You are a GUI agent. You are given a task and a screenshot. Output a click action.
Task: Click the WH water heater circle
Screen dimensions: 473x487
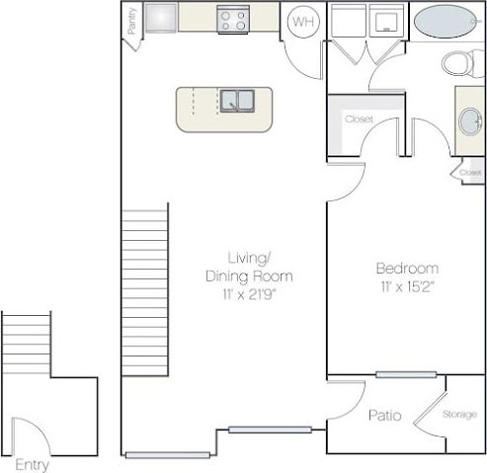point(304,21)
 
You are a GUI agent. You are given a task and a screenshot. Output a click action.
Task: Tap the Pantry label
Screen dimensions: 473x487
point(131,22)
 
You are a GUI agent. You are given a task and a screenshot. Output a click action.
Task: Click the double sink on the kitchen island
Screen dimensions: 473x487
point(237,100)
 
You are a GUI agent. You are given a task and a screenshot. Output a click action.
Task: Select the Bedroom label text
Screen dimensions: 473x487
point(407,268)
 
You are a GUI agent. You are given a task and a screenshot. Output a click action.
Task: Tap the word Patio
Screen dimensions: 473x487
point(385,416)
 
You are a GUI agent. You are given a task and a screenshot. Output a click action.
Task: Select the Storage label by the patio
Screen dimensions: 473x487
point(459,414)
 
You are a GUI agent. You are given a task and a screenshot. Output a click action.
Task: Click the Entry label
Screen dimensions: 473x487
point(33,465)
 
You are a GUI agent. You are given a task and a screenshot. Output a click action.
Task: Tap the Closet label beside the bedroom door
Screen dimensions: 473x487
point(359,119)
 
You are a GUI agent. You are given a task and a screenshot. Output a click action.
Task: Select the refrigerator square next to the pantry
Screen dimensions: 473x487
point(162,17)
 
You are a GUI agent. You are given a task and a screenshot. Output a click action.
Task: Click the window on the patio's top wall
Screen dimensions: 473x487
point(405,374)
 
